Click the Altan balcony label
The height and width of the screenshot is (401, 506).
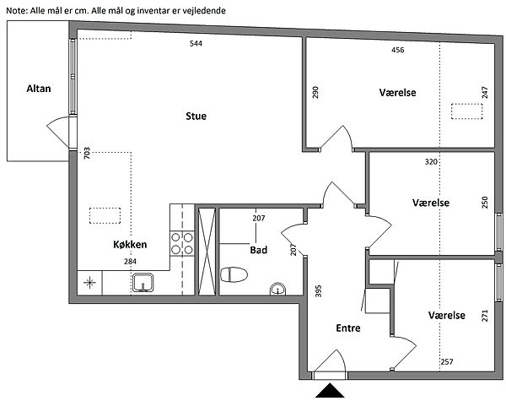click(39, 89)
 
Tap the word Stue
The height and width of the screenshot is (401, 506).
click(196, 116)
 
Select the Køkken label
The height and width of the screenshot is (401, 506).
click(130, 244)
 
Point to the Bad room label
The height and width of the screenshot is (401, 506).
click(259, 250)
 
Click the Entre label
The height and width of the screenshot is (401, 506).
click(348, 328)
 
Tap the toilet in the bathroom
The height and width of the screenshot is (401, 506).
click(234, 274)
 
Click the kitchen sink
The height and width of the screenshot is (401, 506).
click(143, 283)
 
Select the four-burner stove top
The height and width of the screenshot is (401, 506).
click(182, 244)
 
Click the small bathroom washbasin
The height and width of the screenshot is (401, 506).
click(277, 289)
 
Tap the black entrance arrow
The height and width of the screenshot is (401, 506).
click(330, 390)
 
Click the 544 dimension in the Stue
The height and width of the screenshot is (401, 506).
click(196, 43)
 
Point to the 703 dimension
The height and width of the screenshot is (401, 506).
click(87, 153)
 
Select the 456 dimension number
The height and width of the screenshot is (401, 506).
click(397, 50)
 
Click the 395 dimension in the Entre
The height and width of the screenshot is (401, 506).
click(318, 290)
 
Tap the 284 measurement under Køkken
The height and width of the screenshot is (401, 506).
click(130, 262)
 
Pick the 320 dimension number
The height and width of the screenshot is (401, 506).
click(431, 161)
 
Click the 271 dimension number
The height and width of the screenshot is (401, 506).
click(485, 316)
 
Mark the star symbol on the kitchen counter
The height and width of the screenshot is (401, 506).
click(89, 283)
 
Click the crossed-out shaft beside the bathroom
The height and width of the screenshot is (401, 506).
click(207, 252)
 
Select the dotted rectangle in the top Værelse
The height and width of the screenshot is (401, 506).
click(466, 111)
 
